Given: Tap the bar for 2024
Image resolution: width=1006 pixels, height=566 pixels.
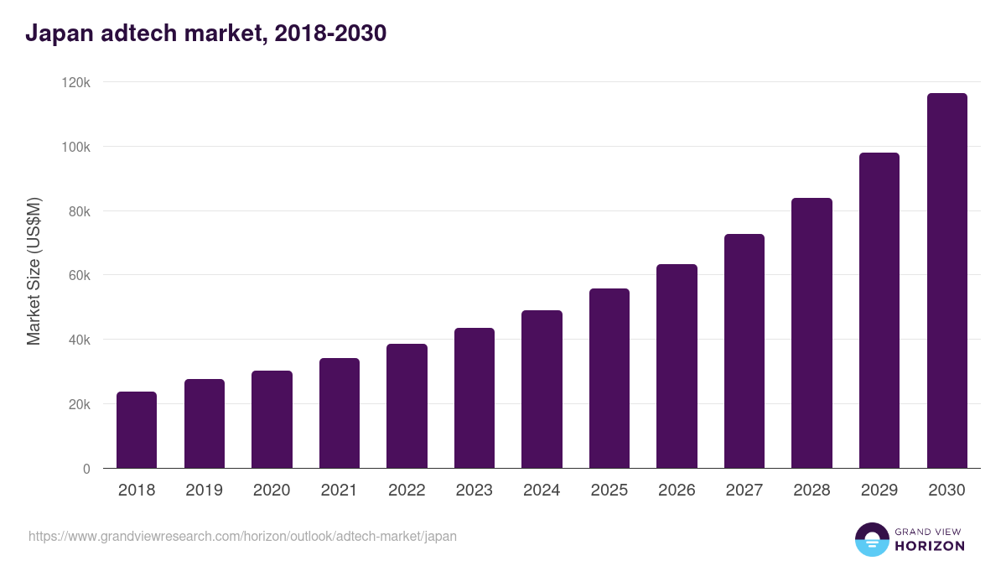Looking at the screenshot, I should click(542, 389).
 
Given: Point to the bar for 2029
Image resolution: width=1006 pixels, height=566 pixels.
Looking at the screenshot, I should click(879, 310).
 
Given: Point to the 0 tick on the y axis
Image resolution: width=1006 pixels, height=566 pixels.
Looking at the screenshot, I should click(86, 469).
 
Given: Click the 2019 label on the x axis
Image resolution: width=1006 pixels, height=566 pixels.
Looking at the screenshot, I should click(204, 491).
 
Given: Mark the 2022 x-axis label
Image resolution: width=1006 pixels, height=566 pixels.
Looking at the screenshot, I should click(407, 491).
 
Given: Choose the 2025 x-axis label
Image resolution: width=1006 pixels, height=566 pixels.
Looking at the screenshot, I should click(609, 491).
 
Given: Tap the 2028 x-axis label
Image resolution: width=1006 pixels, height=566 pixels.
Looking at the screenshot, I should click(812, 491).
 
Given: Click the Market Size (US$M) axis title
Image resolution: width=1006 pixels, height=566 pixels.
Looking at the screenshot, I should click(34, 271).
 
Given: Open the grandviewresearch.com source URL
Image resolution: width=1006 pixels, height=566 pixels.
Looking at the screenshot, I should click(242, 536).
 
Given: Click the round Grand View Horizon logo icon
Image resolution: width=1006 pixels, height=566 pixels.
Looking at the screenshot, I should click(871, 539).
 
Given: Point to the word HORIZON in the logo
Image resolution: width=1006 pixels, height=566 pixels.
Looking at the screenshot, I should click(930, 546).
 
